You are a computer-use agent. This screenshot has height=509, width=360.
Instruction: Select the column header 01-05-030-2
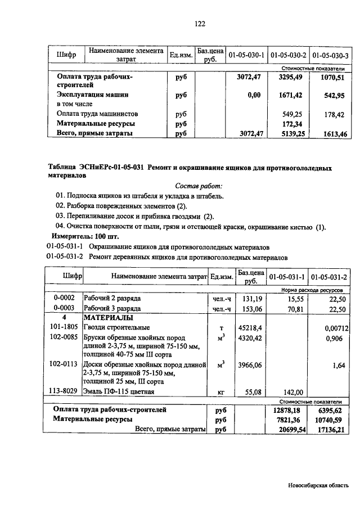288,55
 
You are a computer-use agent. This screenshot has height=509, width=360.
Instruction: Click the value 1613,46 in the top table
334,134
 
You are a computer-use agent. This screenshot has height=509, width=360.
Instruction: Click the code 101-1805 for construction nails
63,327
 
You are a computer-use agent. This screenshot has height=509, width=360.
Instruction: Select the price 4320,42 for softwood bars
251,337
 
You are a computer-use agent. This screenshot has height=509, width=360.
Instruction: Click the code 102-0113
63,364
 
